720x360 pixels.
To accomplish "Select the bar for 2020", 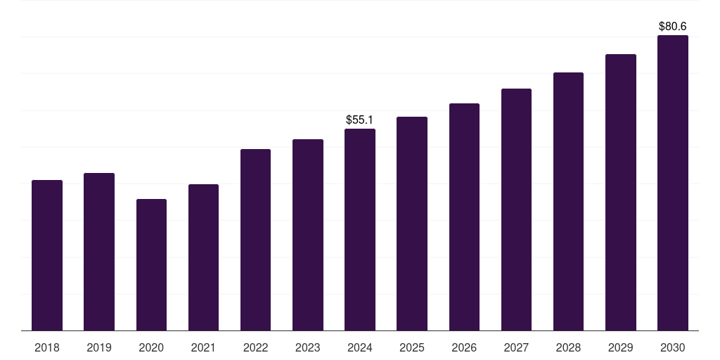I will click(x=151, y=265).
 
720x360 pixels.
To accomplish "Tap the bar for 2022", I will click(x=255, y=240).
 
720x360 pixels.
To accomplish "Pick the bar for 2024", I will click(x=360, y=230).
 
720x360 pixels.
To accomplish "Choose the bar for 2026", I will click(x=464, y=217).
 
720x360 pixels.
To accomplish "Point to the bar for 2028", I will click(x=568, y=202).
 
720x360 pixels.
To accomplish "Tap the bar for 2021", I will click(x=203, y=257).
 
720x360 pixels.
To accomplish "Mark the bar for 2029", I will click(x=621, y=193).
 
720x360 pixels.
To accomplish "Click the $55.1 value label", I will click(x=360, y=120).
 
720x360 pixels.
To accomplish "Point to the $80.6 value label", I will click(x=673, y=27).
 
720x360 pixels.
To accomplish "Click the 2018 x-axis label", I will click(x=47, y=348).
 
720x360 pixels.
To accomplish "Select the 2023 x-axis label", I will click(x=308, y=348).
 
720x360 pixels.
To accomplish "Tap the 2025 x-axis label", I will click(x=412, y=348).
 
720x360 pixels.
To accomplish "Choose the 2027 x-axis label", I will click(x=516, y=348).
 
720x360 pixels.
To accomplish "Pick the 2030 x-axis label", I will click(x=673, y=348).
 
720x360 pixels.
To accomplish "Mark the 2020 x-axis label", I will click(x=151, y=348).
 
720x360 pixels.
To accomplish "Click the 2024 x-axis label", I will click(x=360, y=348).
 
